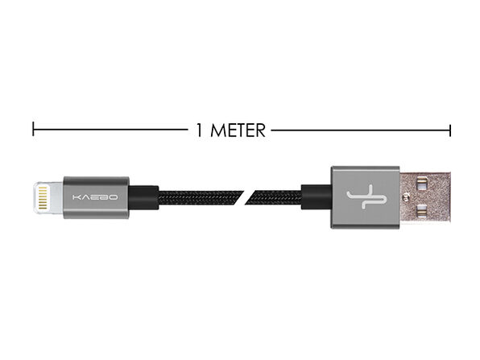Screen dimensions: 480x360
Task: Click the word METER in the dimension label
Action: click(x=238, y=130)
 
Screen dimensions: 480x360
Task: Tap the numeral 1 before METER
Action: click(x=199, y=130)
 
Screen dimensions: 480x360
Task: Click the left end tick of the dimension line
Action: click(x=33, y=129)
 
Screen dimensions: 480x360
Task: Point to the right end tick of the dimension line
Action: click(x=450, y=130)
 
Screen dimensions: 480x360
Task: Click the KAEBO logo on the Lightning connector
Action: click(x=95, y=197)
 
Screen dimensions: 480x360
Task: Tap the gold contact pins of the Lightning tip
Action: click(x=43, y=197)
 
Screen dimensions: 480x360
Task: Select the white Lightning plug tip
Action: click(x=48, y=197)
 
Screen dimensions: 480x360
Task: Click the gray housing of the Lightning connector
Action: click(x=96, y=197)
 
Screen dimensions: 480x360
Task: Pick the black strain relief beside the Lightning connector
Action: click(x=143, y=197)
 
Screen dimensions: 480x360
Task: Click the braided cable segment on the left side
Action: click(x=201, y=198)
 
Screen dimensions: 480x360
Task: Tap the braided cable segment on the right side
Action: click(x=273, y=198)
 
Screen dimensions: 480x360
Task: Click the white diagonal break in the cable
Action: click(x=245, y=198)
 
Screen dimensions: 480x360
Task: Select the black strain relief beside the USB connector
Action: click(x=317, y=197)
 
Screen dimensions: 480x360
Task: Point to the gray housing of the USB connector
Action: click(x=365, y=197)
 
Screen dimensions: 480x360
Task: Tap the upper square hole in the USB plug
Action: click(x=422, y=184)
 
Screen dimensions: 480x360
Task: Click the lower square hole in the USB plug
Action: click(x=422, y=211)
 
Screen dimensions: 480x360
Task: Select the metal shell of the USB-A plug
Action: click(x=425, y=197)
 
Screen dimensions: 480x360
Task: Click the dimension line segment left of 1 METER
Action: click(x=110, y=129)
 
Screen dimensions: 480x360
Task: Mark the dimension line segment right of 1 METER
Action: click(x=361, y=130)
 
